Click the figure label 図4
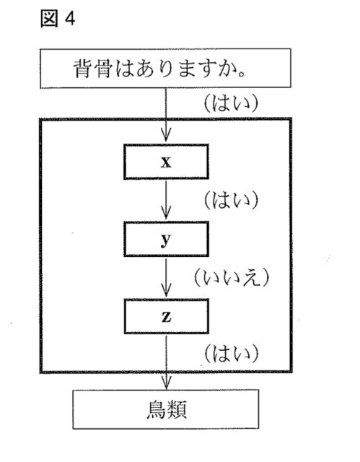coord(58,19)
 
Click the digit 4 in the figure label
coord(70,19)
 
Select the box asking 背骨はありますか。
coord(165,69)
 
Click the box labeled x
coord(167,162)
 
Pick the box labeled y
coord(167,239)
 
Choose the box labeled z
coord(167,316)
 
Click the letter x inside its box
coord(166,162)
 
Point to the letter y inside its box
coord(166,240)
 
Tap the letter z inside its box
coord(167,317)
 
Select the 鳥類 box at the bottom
coord(166,409)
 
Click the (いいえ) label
coord(232,277)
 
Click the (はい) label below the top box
coord(232,103)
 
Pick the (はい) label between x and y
coord(232,201)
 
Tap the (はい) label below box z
coord(232,354)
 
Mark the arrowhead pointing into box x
coord(166,136)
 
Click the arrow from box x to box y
coord(166,199)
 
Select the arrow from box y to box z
coord(166,277)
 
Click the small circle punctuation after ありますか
coord(242,74)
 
